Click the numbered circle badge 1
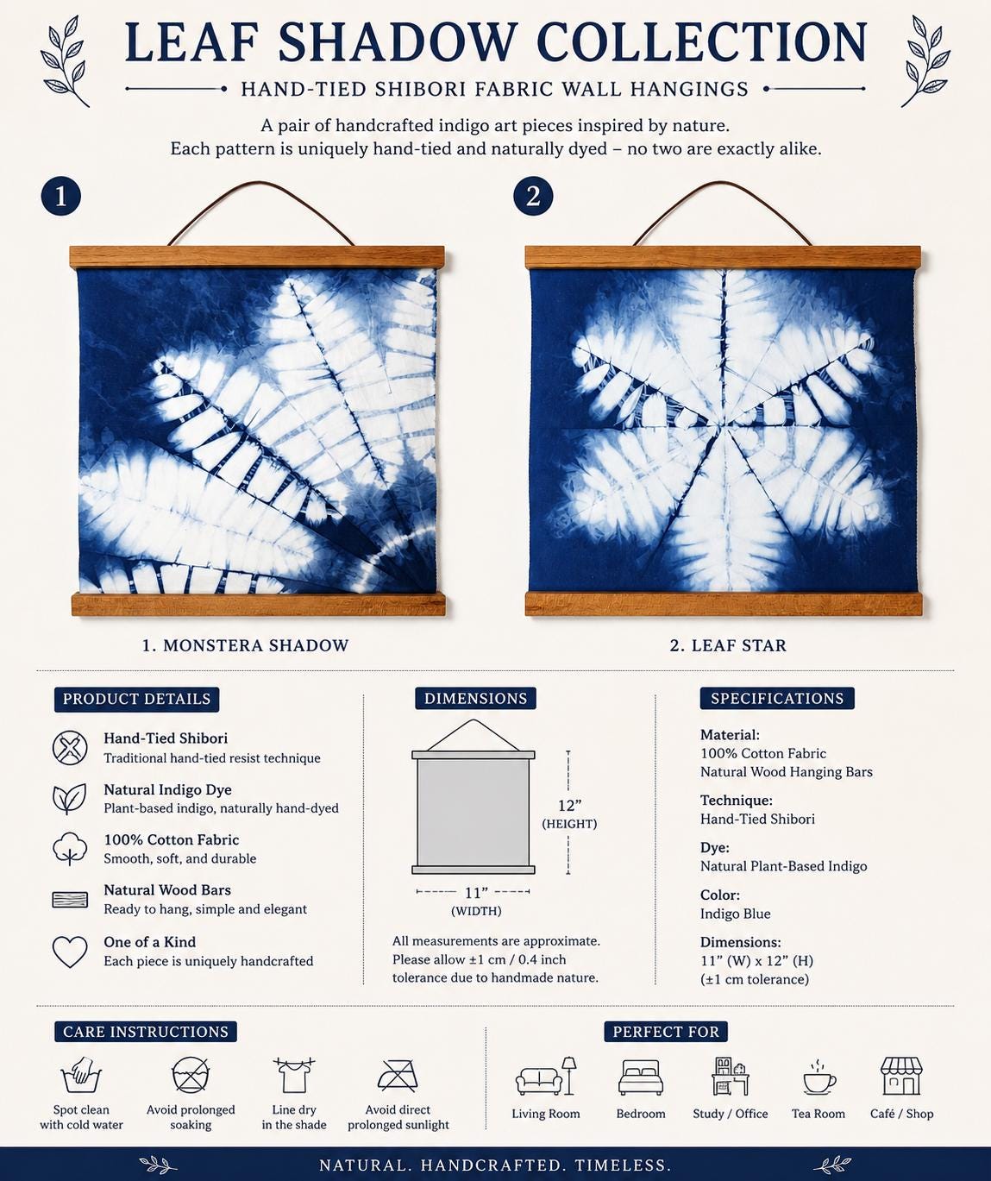point(61,197)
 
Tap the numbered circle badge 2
point(533,197)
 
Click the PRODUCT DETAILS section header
point(137,699)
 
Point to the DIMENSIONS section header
point(476,699)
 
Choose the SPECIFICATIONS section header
point(777,699)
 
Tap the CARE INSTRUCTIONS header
point(146,1032)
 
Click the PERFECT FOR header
point(666,1032)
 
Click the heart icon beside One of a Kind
point(70,952)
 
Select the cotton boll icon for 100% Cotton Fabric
point(70,848)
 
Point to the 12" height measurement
point(569,805)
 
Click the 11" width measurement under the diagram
point(476,893)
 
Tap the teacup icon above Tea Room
point(819,1079)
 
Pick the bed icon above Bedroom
point(641,1077)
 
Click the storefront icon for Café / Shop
point(901,1077)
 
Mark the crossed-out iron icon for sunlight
point(398,1075)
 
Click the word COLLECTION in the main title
point(701,41)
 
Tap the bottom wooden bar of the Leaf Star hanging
point(724,604)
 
